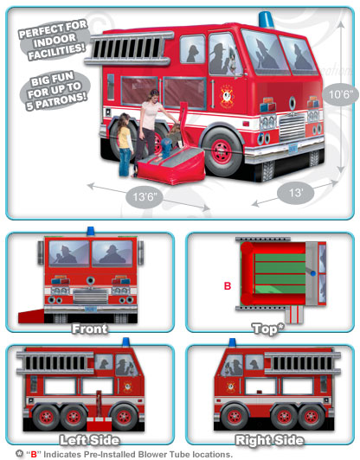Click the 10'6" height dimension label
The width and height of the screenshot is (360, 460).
[x=340, y=94]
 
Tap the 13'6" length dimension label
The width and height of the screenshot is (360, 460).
[x=144, y=196]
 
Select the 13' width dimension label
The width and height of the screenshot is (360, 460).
[x=295, y=193]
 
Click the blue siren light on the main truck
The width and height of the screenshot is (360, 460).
[x=266, y=20]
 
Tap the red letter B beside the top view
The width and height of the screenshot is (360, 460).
[x=228, y=285]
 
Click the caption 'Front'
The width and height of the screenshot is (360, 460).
[x=89, y=329]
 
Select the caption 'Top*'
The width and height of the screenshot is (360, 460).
[x=268, y=329]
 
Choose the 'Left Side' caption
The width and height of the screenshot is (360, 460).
[x=89, y=441]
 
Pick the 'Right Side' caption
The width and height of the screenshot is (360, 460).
[x=269, y=441]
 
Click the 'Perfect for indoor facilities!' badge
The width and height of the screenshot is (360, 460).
[x=54, y=40]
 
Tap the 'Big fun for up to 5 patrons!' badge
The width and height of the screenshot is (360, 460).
[x=55, y=91]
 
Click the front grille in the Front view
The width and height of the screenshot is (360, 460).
[x=91, y=296]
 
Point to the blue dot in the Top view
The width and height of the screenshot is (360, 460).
[x=313, y=273]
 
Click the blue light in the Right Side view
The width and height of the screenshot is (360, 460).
[x=232, y=342]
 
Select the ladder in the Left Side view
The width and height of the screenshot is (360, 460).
[x=55, y=363]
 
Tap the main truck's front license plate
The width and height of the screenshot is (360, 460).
[x=292, y=149]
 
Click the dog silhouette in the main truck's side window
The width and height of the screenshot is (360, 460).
[x=192, y=54]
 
